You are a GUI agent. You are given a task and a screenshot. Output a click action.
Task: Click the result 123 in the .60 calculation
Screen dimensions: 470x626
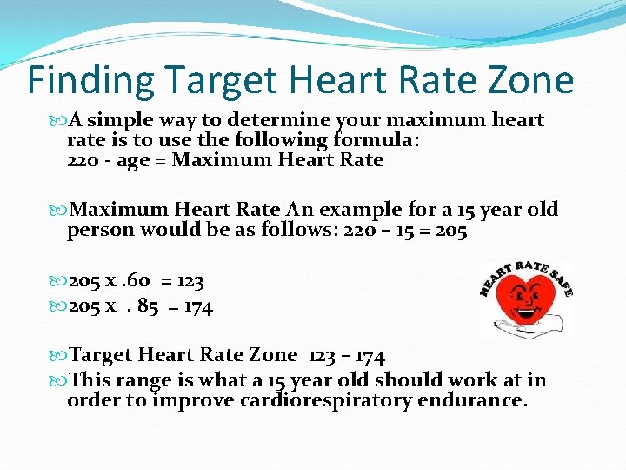(x=189, y=282)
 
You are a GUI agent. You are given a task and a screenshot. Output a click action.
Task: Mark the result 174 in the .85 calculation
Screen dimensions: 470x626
(x=196, y=305)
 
